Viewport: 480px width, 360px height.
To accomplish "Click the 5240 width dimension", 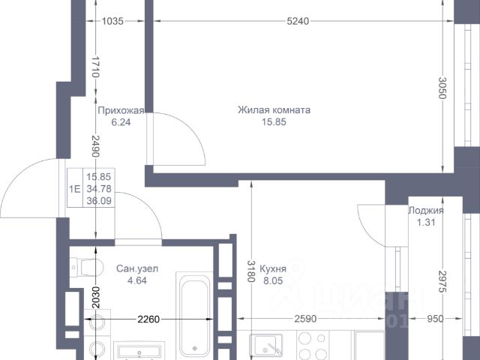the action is pyautogui.click(x=298, y=21).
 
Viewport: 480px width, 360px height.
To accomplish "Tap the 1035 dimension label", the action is pyautogui.click(x=112, y=21).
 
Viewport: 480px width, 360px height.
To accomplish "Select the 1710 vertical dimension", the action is pyautogui.click(x=96, y=67).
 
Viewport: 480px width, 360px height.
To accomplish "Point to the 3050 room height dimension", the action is pyautogui.click(x=442, y=88).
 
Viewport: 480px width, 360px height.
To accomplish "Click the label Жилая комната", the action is pyautogui.click(x=274, y=110).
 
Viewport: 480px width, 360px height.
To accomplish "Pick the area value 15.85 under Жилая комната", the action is pyautogui.click(x=274, y=121).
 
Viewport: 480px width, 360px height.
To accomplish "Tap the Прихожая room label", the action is pyautogui.click(x=121, y=110).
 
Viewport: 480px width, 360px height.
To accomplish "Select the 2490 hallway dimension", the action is pyautogui.click(x=96, y=146).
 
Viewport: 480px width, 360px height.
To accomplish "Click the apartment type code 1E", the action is pyautogui.click(x=75, y=189).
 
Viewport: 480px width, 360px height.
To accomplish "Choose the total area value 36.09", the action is pyautogui.click(x=99, y=201).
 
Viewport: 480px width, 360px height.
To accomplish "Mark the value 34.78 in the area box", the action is pyautogui.click(x=99, y=189).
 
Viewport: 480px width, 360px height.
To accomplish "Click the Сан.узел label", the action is pyautogui.click(x=137, y=268).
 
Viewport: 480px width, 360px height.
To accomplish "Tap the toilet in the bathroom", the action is pyautogui.click(x=87, y=268).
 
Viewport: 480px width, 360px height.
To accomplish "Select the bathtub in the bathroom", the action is pyautogui.click(x=194, y=315).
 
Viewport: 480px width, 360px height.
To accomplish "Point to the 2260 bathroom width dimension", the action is pyautogui.click(x=148, y=319).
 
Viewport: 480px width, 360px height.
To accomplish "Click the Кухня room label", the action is pyautogui.click(x=273, y=268).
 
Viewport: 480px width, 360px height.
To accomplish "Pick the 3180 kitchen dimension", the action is pyautogui.click(x=251, y=271).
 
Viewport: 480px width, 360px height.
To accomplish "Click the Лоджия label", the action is pyautogui.click(x=426, y=211).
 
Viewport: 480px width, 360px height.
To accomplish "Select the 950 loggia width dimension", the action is pyautogui.click(x=435, y=319).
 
